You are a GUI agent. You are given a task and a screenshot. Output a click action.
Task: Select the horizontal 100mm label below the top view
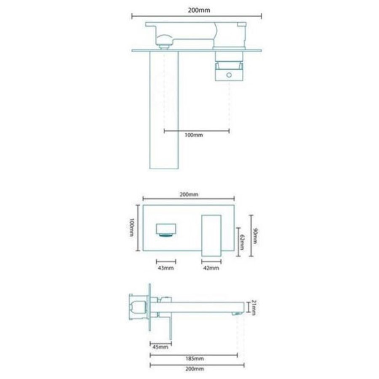point(194,135)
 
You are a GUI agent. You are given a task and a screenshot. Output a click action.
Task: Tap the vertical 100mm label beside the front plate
point(132,228)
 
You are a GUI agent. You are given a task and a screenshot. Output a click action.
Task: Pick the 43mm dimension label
point(165,267)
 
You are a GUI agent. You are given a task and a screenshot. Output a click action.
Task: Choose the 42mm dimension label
point(211,267)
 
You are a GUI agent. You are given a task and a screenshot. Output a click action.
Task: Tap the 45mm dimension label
point(160,347)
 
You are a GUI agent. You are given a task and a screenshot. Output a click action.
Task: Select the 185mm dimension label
point(194,359)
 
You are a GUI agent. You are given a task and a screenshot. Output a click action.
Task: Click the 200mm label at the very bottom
point(194,369)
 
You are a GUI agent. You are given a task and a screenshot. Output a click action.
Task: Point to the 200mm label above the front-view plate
point(189,194)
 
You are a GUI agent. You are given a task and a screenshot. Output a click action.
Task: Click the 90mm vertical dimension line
point(251,235)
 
